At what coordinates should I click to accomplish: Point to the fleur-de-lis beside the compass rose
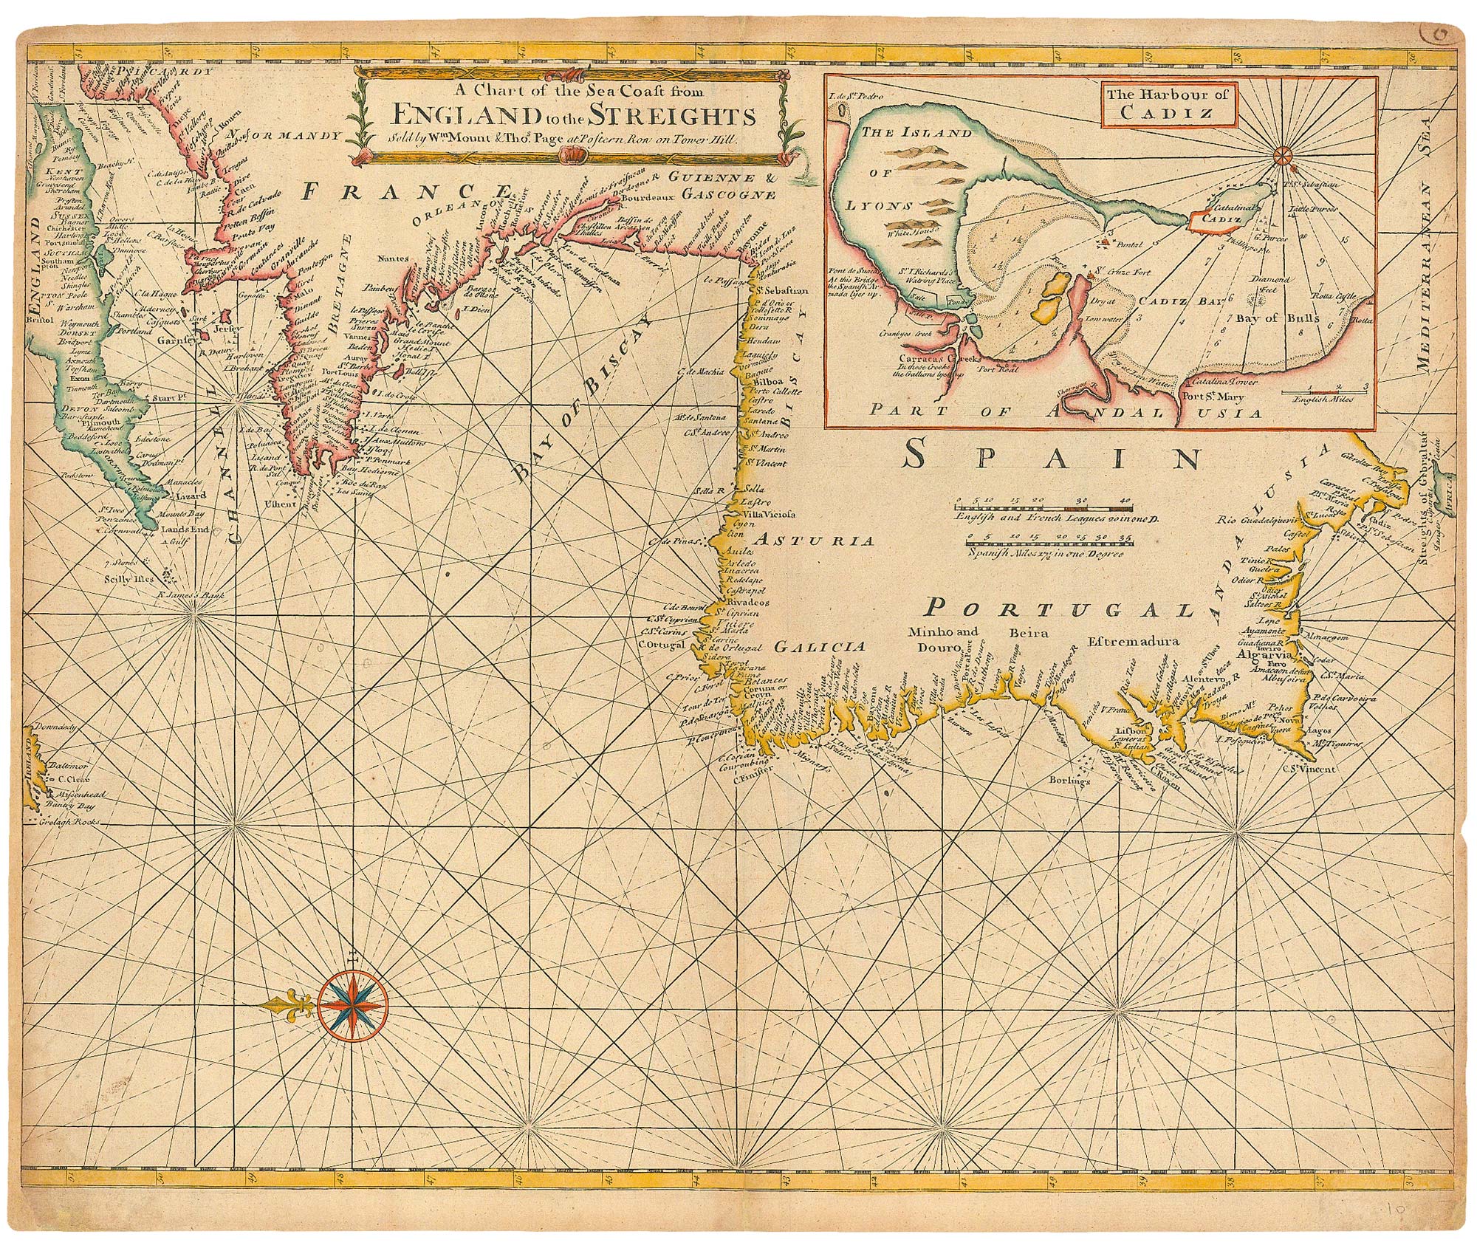point(292,1005)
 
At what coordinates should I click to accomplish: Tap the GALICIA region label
point(819,647)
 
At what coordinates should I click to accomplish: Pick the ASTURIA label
point(824,541)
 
